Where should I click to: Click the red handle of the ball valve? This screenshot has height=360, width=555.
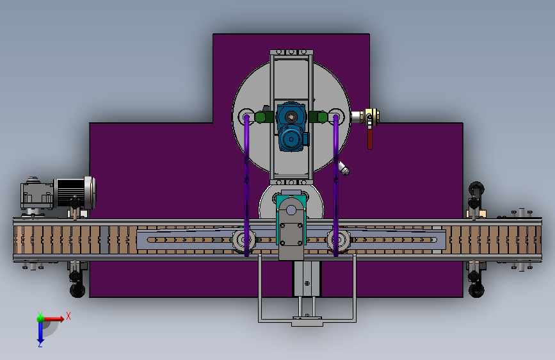pos(370,138)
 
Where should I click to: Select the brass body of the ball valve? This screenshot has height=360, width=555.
pos(370,117)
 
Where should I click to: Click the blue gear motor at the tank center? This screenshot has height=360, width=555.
pos(291,127)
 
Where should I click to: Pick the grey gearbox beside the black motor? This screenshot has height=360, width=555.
pos(37,195)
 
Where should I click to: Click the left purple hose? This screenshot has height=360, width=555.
pos(246,185)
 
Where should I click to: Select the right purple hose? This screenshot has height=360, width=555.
pos(335,185)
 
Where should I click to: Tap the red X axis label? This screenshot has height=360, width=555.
pos(68,316)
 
